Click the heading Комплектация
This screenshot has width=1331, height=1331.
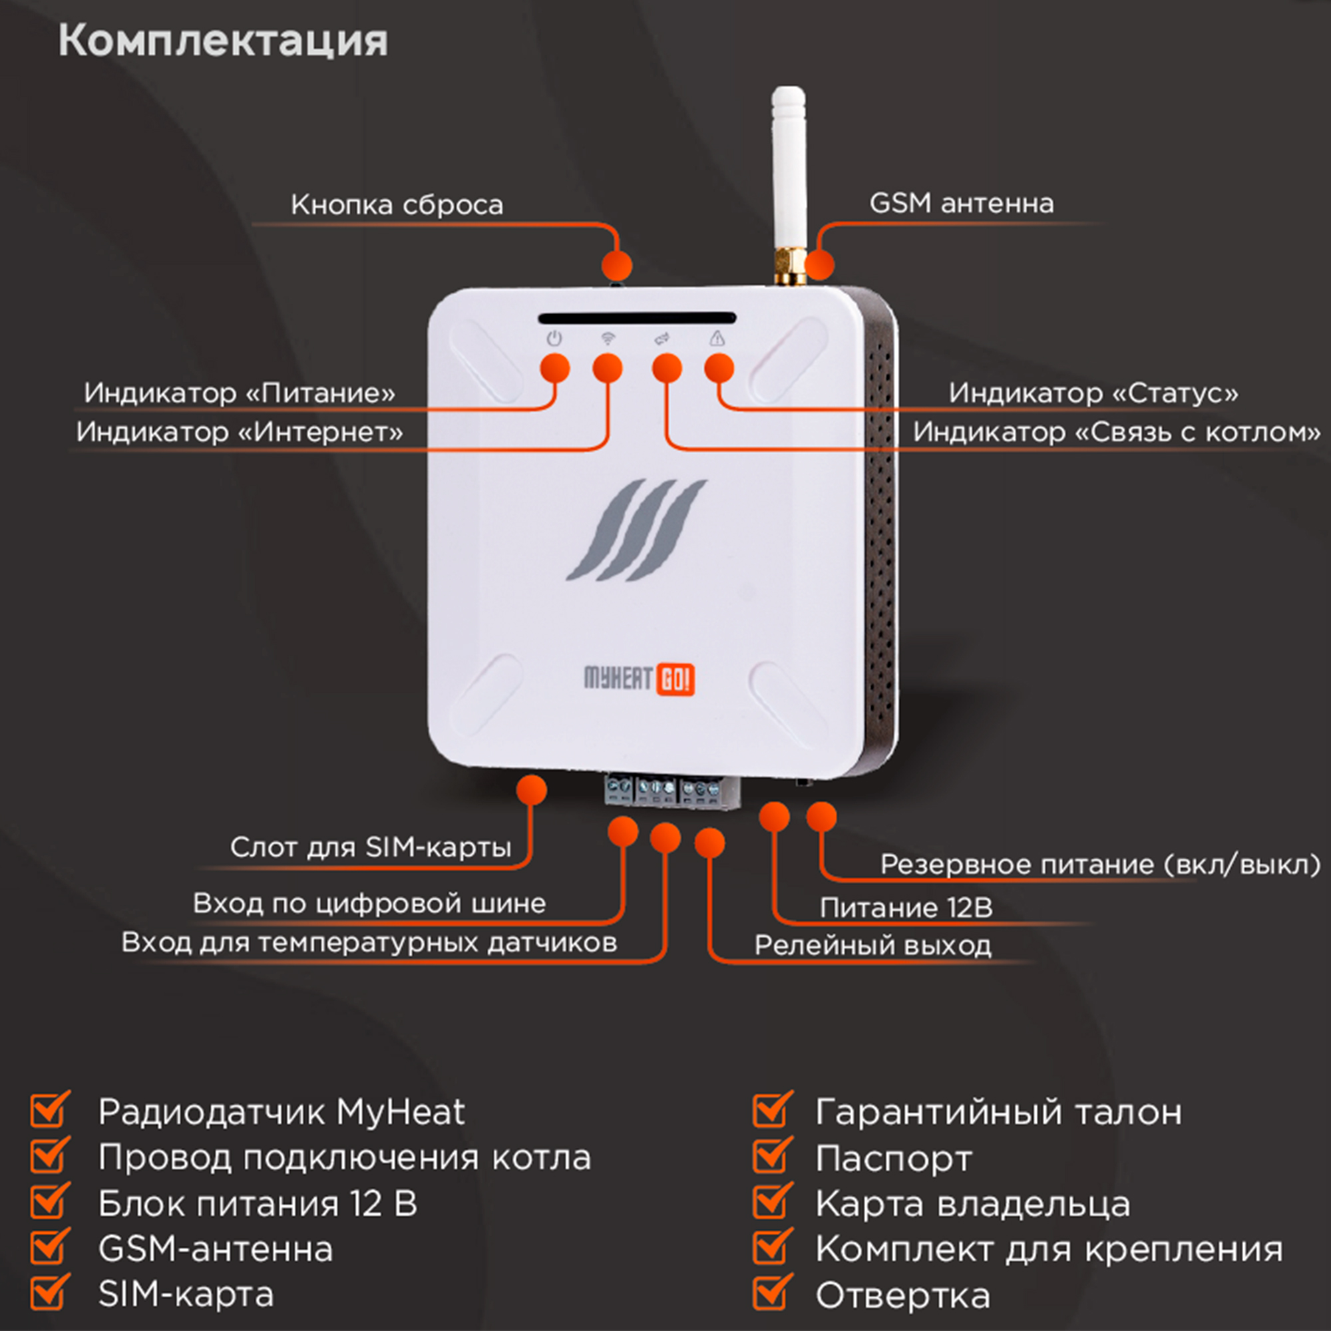[x=222, y=41]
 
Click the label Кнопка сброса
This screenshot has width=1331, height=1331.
[x=397, y=204]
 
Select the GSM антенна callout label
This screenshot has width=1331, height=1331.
[x=961, y=203]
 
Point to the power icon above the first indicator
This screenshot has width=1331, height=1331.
[x=554, y=339]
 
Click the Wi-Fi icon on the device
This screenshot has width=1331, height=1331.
[x=608, y=338]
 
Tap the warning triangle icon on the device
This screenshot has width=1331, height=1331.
[x=717, y=338]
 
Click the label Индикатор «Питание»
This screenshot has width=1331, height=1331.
[x=240, y=393]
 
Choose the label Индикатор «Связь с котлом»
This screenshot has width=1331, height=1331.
[x=1117, y=432]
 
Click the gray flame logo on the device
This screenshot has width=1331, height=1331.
[x=636, y=530]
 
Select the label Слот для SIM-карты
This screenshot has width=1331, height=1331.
[x=371, y=847]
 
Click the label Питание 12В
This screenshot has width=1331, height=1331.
[x=906, y=908]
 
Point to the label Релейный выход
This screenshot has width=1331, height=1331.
[x=873, y=945]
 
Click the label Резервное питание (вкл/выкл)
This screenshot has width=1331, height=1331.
[x=1100, y=864]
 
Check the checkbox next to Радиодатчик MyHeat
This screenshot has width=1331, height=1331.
[x=50, y=1111]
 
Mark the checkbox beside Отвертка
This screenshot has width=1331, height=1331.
[x=771, y=1293]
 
